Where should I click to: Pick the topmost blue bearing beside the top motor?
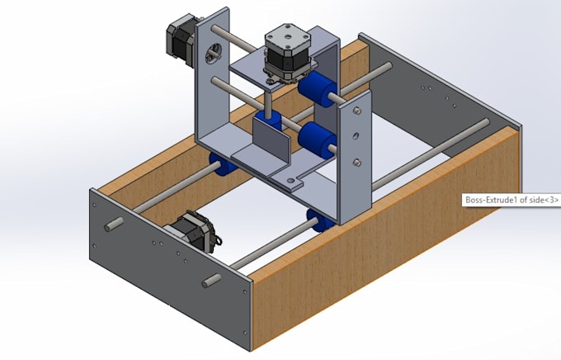point(317,87)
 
